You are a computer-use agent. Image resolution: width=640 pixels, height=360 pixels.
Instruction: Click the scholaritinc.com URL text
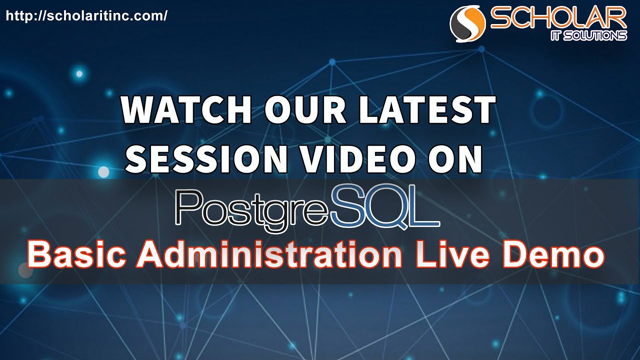86,16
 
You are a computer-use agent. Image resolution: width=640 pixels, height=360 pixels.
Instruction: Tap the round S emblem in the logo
468,24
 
